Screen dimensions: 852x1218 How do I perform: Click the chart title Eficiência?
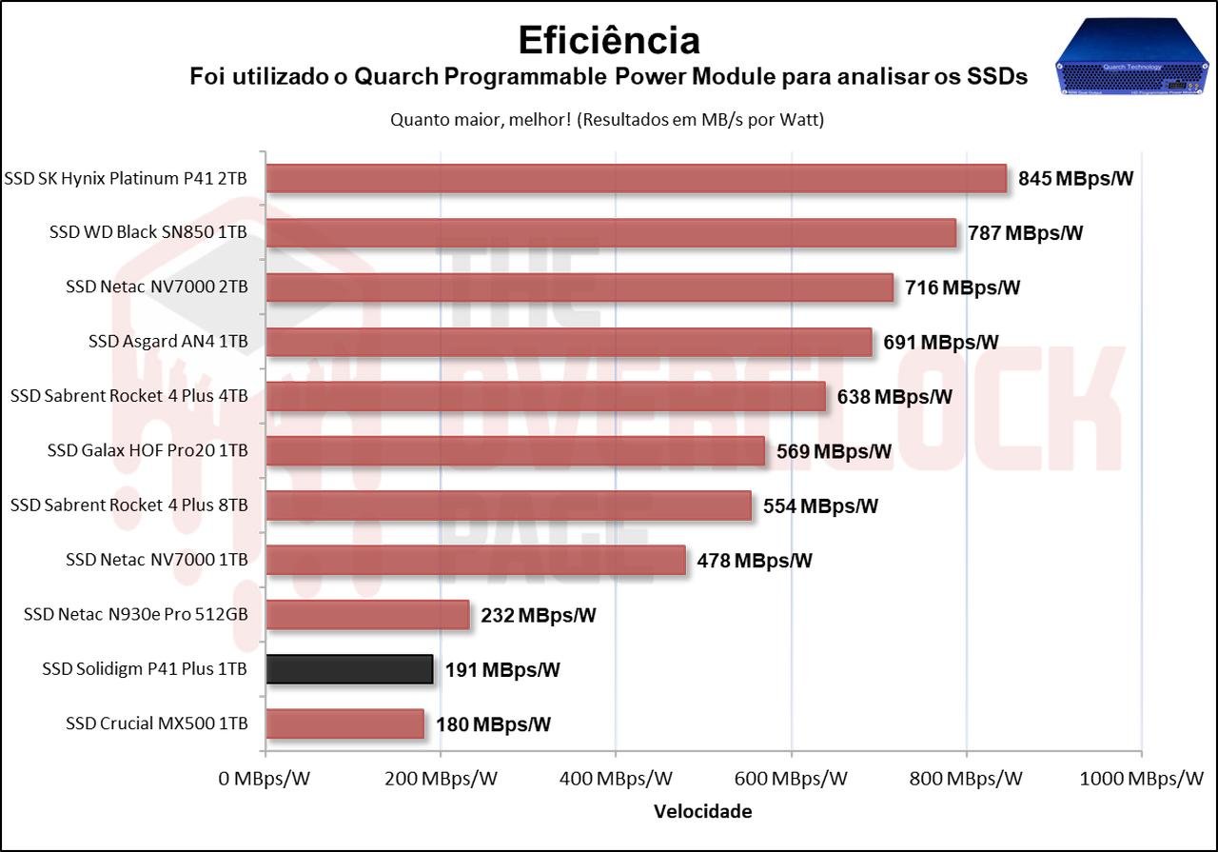pos(609,40)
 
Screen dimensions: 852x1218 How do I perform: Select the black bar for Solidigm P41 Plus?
pos(349,669)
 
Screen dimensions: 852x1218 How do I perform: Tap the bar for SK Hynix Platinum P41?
pos(636,178)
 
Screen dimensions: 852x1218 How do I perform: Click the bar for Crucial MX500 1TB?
pos(344,723)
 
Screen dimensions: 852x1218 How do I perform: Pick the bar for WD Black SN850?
pos(611,233)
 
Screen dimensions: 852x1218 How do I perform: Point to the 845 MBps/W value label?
pos(1075,178)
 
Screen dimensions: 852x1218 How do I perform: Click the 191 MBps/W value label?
pos(502,670)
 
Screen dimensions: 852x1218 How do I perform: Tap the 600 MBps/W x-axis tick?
pos(792,779)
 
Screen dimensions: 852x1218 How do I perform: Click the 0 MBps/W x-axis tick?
pos(265,779)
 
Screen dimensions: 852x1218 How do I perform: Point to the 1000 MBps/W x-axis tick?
pos(1142,779)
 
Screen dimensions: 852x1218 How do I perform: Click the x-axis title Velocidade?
pos(702,812)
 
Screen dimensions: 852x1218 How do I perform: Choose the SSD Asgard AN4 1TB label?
pos(167,342)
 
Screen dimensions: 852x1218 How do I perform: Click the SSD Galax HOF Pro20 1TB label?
pos(147,450)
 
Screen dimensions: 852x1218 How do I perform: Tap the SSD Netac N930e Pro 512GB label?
pos(136,614)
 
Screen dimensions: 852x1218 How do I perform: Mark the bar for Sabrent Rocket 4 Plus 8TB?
pos(508,505)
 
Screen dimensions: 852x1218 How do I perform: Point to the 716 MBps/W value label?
pos(962,287)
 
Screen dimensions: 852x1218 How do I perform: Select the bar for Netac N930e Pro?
pos(367,615)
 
